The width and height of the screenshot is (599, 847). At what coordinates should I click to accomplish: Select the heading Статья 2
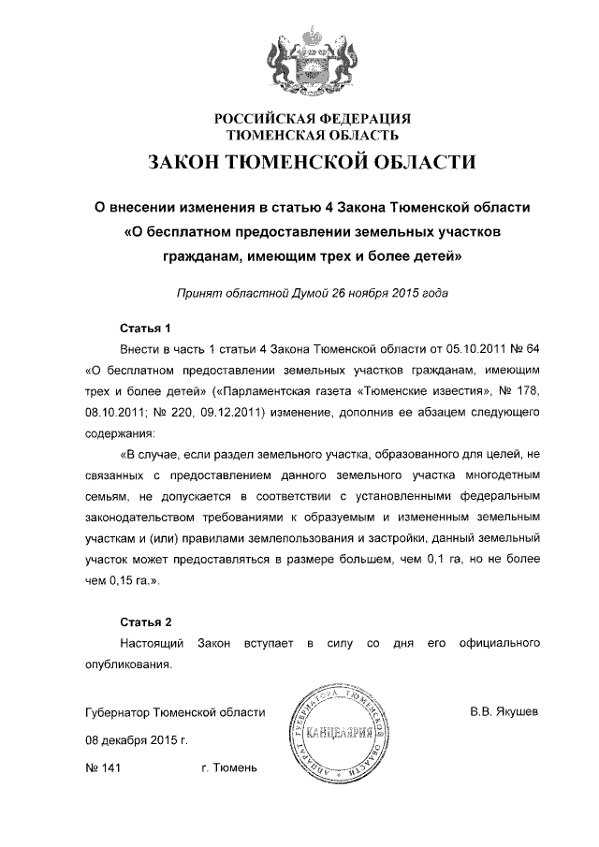(x=146, y=622)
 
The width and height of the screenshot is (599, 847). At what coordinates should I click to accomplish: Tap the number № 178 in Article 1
(x=517, y=387)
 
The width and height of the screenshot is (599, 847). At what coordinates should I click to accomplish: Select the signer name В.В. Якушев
(x=504, y=712)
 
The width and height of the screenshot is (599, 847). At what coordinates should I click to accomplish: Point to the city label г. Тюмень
(x=228, y=768)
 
